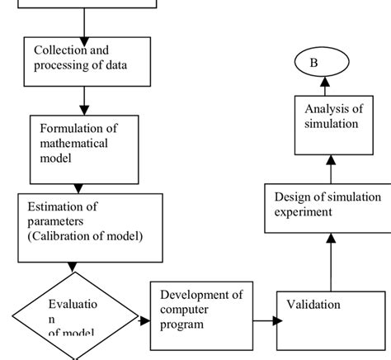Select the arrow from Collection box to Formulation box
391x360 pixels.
point(85,99)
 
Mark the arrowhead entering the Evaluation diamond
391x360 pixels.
point(74,267)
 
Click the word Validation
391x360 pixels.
point(313,305)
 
